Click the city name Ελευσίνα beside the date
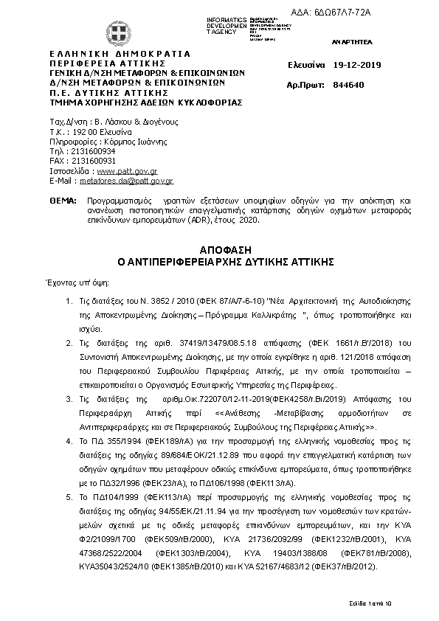(x=306, y=65)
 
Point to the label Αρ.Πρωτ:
(x=306, y=86)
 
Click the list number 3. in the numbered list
(x=69, y=398)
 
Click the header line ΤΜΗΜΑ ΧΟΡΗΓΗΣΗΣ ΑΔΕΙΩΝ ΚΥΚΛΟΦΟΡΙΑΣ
(x=145, y=103)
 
